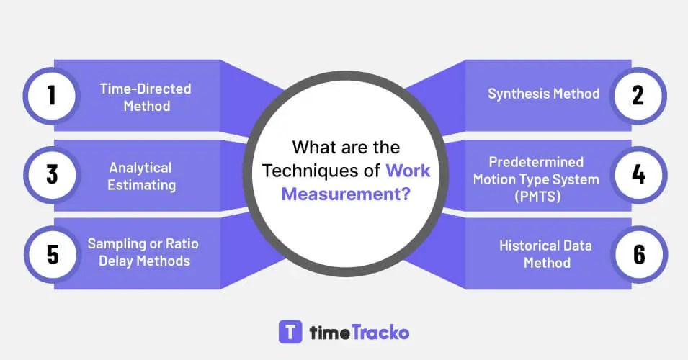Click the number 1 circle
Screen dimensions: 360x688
click(52, 96)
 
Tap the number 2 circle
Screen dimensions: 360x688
click(638, 96)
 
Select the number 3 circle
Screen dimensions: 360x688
click(52, 175)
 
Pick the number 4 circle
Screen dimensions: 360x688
click(638, 175)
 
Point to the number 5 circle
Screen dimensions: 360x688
click(52, 254)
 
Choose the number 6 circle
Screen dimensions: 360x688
click(638, 254)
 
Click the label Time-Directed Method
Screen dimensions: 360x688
click(146, 97)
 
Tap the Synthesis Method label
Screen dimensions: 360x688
click(544, 94)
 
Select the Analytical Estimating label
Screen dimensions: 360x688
click(142, 176)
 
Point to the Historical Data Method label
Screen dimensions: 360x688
click(545, 253)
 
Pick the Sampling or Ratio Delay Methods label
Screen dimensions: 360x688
click(143, 252)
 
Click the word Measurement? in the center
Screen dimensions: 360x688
click(346, 194)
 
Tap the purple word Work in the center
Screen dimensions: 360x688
click(408, 171)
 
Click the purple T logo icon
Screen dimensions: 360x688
click(290, 332)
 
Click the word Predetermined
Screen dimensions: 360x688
click(536, 162)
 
